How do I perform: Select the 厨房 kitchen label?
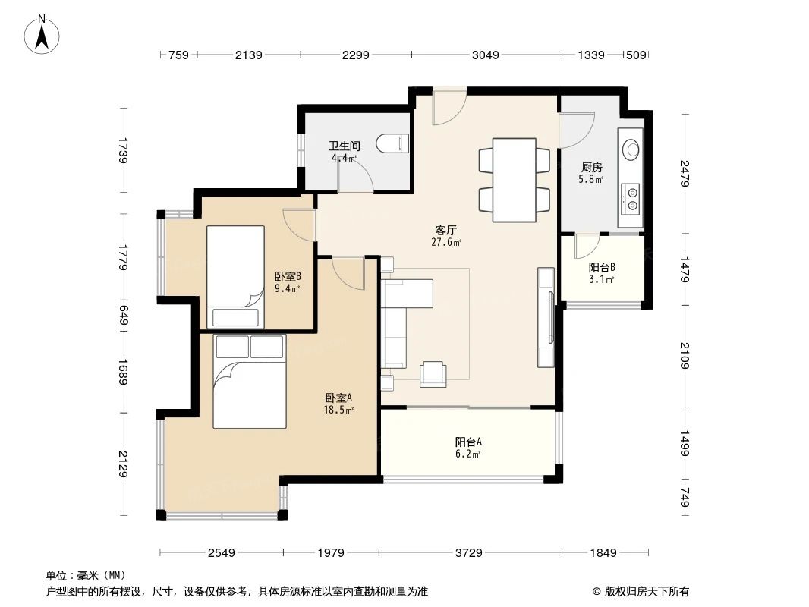(592, 167)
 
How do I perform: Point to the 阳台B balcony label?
(601, 267)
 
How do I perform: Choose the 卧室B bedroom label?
(288, 277)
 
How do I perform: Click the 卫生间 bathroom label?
(344, 146)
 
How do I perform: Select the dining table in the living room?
(514, 180)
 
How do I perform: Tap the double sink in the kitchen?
(631, 200)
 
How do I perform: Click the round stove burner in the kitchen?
(630, 149)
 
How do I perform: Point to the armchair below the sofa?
(433, 372)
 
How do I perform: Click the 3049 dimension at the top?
(486, 55)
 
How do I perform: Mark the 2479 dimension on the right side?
(685, 174)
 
